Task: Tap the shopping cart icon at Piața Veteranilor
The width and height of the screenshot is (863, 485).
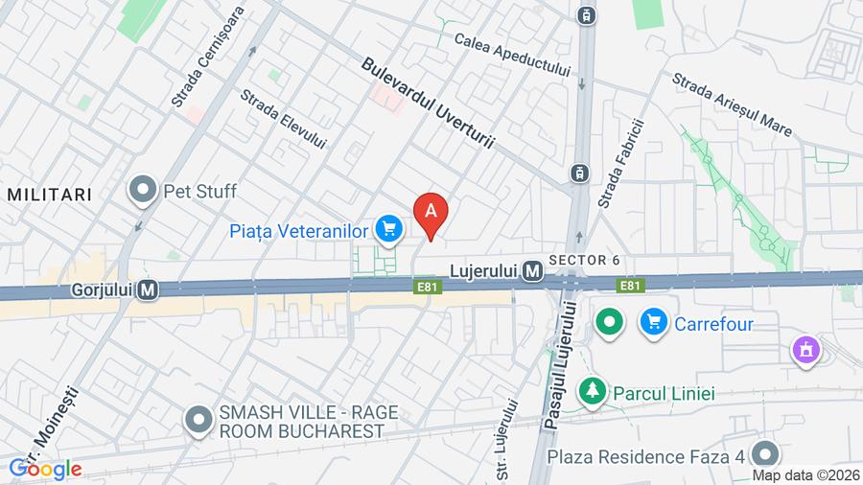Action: tap(388, 229)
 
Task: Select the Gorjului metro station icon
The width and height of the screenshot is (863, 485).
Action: tap(147, 288)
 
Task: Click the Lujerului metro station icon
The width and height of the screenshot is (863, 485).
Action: tap(534, 273)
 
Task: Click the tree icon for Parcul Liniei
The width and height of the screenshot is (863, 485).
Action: tap(593, 392)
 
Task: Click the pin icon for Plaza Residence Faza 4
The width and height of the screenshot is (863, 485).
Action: tap(765, 453)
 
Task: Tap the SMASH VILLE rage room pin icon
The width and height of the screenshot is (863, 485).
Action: tap(198, 420)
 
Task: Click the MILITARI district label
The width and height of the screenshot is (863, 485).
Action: tap(50, 195)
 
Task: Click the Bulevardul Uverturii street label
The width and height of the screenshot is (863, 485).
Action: tap(427, 103)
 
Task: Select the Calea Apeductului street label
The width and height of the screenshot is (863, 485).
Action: tap(513, 56)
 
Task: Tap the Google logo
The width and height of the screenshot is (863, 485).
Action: tap(46, 470)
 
